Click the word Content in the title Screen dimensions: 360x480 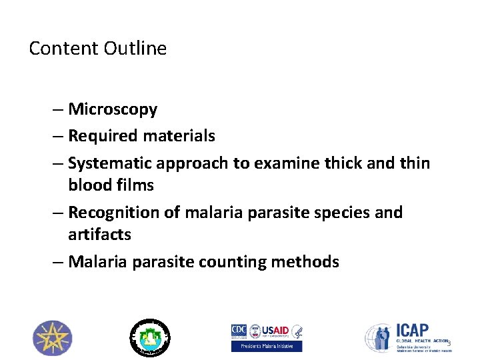coord(64,49)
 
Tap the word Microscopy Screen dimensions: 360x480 coord(113,109)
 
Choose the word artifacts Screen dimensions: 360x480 coord(99,235)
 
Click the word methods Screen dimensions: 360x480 coord(305,262)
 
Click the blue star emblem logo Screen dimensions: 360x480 coord(53,338)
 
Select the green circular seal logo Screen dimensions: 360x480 coord(149,337)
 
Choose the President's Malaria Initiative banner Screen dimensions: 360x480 coord(267,347)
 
